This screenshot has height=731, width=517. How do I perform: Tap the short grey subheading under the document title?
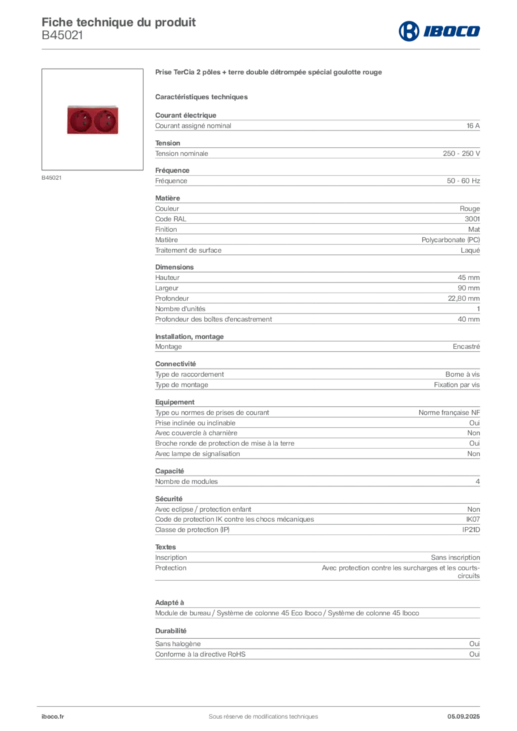point(203,96)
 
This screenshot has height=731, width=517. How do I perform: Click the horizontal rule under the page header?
point(286,49)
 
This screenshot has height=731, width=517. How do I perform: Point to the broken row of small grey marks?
point(378,573)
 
